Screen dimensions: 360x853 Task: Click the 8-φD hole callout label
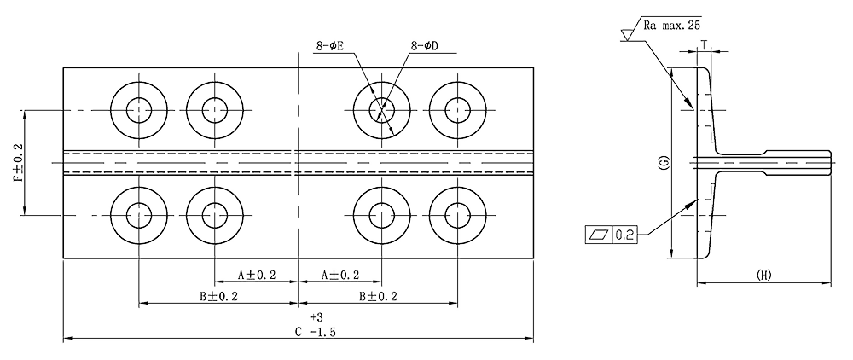coord(424,47)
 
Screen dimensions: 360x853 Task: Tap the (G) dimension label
coord(664,165)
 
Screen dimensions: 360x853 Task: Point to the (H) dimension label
coord(764,275)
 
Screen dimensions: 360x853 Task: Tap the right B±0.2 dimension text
coord(379,297)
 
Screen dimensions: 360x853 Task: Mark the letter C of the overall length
coord(298,332)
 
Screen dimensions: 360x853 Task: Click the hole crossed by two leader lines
coord(380,108)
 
